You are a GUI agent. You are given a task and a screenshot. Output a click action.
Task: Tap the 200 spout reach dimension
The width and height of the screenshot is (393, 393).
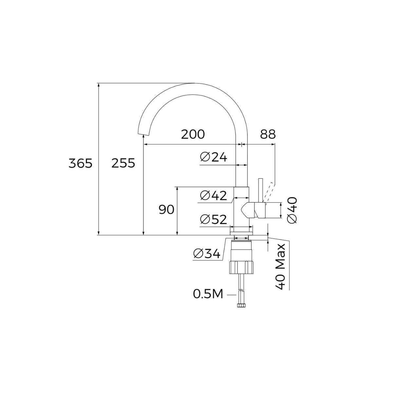[x=193, y=134]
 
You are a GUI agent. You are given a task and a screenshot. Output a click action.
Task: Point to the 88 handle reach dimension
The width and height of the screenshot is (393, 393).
[x=268, y=134]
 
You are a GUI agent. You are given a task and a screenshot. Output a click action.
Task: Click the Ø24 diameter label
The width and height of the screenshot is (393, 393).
[x=214, y=158]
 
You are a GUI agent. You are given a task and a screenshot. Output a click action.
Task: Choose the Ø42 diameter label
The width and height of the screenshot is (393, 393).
[x=214, y=196]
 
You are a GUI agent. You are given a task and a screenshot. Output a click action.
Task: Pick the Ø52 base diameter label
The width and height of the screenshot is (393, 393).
[x=214, y=219]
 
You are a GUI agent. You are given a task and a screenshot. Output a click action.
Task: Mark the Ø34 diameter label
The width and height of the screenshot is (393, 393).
[x=207, y=253]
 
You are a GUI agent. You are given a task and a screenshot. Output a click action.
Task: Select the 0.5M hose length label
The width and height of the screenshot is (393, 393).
[x=208, y=294]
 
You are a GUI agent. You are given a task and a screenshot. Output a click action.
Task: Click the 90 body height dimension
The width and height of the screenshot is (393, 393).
[x=167, y=210]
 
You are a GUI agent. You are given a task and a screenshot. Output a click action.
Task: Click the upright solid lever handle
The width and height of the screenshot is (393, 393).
[x=261, y=190]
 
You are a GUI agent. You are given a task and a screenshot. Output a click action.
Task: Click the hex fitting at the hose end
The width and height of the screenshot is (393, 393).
[x=241, y=305]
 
